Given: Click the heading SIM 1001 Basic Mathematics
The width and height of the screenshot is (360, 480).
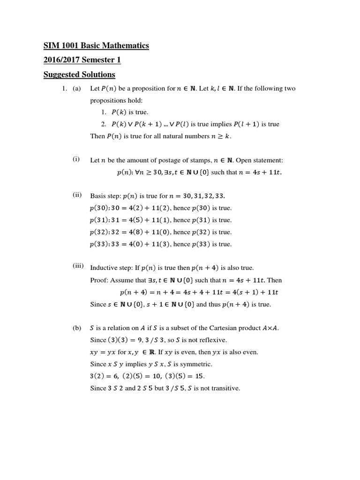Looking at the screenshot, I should pyautogui.click(x=96, y=45).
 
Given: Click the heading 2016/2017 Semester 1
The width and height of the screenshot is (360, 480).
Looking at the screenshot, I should pyautogui.click(x=82, y=60).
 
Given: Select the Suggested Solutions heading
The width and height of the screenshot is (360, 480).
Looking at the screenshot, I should pyautogui.click(x=79, y=75).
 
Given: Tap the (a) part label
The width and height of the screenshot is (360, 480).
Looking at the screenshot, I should pyautogui.click(x=77, y=89).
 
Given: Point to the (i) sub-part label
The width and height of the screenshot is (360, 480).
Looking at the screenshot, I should pyautogui.click(x=76, y=159).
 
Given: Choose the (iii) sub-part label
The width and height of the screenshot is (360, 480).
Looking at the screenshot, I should pyautogui.click(x=78, y=266).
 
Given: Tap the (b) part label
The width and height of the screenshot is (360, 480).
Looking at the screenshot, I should pyautogui.click(x=77, y=328).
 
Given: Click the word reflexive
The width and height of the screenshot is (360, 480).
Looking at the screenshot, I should pyautogui.click(x=215, y=340).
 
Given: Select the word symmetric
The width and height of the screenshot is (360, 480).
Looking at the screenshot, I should pyautogui.click(x=196, y=364).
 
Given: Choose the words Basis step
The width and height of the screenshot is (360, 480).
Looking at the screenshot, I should pyautogui.click(x=105, y=196).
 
